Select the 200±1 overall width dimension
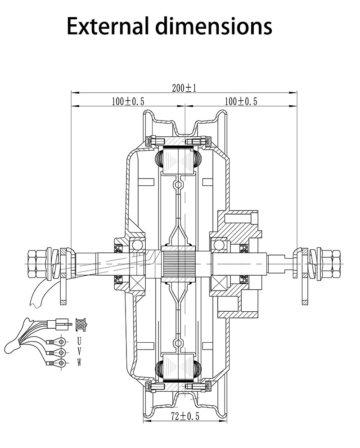point(184,88)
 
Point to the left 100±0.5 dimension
point(128,101)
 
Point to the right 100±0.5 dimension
point(241,101)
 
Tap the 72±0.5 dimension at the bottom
point(184,416)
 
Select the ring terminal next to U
point(61,341)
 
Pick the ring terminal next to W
point(61,363)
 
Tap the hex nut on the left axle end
point(36,264)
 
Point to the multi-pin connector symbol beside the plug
point(81,323)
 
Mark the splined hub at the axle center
point(179,264)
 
